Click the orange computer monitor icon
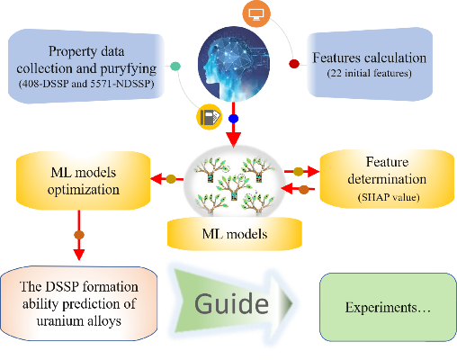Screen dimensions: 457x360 coord(256,13)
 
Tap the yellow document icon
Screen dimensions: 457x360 coord(210,117)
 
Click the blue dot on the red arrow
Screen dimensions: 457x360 coord(233,119)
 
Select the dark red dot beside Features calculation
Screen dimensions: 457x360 coord(294,64)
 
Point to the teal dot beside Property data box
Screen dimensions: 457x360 coord(175,66)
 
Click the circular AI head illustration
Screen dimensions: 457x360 coord(234,64)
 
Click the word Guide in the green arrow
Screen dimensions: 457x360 coord(231,304)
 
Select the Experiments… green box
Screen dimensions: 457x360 coord(388,307)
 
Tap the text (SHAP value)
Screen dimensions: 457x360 coord(389,197)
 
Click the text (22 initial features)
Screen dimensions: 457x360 coord(369,73)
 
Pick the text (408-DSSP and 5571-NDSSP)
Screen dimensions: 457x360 coord(86,84)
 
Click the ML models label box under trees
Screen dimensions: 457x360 coord(235,234)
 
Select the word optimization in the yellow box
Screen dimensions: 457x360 coord(84,190)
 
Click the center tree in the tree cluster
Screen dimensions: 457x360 coord(234,187)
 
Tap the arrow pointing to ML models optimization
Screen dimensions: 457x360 coord(166,179)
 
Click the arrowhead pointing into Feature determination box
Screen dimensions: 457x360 coord(314,171)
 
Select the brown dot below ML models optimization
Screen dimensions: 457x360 coord(79,235)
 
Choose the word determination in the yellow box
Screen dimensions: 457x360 coord(387,179)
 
